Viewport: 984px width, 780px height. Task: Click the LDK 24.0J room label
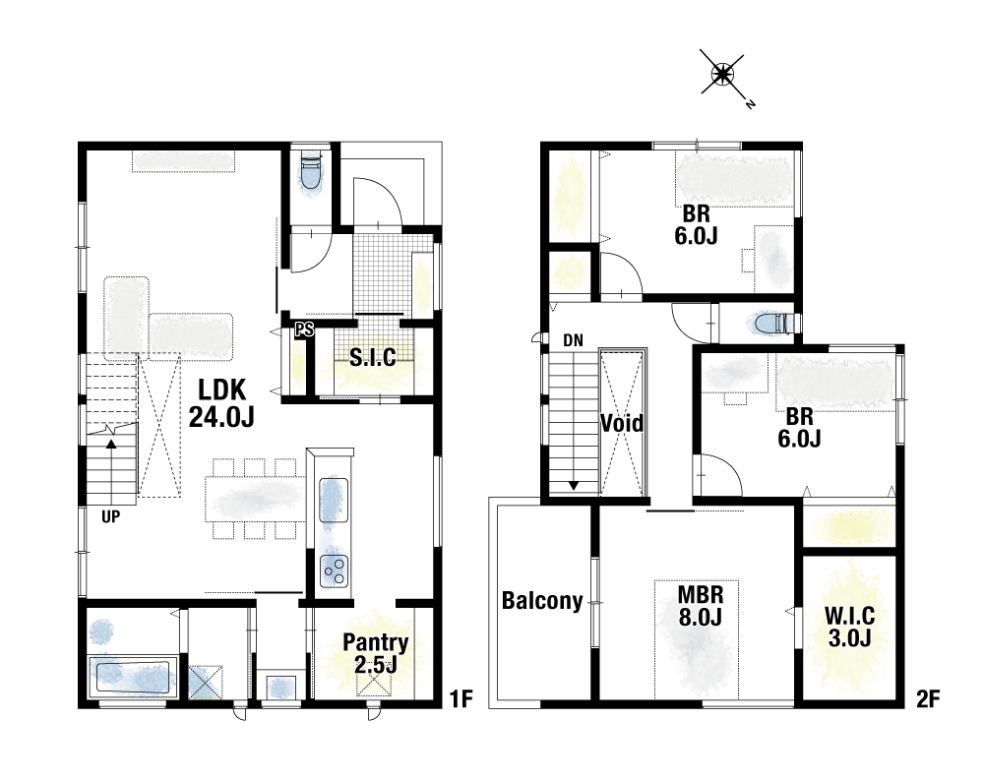tap(221, 403)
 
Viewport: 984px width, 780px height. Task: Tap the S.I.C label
tap(373, 357)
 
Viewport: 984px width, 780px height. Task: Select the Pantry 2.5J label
tap(375, 653)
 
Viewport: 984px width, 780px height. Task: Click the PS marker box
tap(304, 329)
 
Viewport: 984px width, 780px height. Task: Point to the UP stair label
tap(111, 517)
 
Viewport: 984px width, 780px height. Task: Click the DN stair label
tap(573, 340)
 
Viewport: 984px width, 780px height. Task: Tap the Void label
tap(622, 424)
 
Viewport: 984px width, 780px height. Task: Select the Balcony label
tap(542, 601)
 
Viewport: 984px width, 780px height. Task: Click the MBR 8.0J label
tap(701, 606)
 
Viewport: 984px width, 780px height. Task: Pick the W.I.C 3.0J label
tap(850, 627)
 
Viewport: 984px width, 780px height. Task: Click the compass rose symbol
tap(723, 75)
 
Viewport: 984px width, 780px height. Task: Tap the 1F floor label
tap(461, 699)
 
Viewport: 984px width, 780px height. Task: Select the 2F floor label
tap(928, 699)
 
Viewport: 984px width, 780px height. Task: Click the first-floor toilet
tap(311, 171)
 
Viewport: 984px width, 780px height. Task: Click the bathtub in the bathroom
tap(132, 676)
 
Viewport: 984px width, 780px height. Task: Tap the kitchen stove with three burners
tap(334, 570)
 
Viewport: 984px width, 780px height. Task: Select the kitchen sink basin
tap(334, 500)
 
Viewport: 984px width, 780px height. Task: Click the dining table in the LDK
tap(256, 499)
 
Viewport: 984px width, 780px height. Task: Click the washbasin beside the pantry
tap(280, 688)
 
